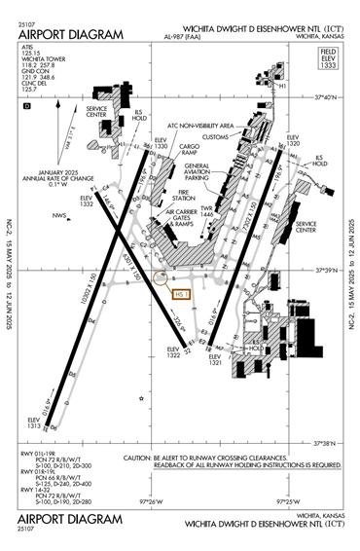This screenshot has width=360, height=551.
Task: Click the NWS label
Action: coord(59,215)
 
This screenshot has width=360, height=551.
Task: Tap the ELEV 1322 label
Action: coord(174,352)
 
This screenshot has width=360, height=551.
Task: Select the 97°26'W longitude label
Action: coord(153,502)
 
